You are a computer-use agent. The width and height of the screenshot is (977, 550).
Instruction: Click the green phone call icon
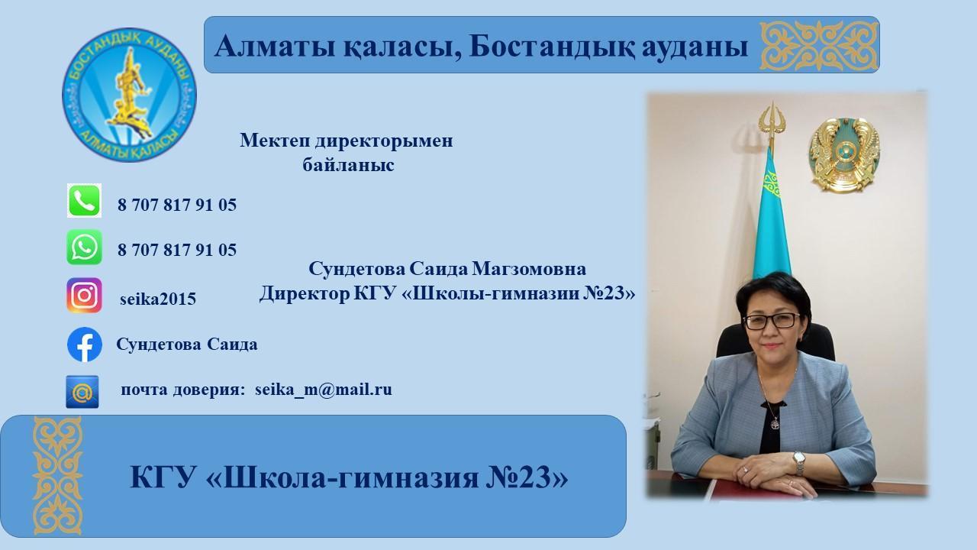(x=84, y=200)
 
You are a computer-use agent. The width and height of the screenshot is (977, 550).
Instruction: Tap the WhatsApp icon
(x=84, y=247)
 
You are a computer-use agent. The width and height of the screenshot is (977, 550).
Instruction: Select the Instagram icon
(x=84, y=295)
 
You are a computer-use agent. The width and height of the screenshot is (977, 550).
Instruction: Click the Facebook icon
(x=85, y=345)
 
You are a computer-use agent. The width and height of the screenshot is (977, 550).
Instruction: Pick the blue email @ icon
(x=82, y=392)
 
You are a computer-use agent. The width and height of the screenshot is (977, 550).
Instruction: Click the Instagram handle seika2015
(x=158, y=299)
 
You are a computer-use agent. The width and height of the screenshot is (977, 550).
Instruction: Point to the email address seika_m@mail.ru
(x=324, y=390)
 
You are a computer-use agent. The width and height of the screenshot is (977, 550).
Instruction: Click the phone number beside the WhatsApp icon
(x=177, y=250)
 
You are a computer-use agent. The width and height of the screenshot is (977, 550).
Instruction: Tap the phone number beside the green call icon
(x=177, y=205)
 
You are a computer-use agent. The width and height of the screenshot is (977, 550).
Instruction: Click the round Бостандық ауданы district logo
(x=129, y=95)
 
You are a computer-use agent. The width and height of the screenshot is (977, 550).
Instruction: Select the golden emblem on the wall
(x=845, y=155)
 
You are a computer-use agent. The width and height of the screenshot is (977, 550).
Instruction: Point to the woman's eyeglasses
(x=772, y=322)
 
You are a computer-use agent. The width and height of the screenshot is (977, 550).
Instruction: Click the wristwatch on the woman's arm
(x=798, y=462)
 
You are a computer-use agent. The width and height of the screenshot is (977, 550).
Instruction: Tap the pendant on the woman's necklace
(x=775, y=422)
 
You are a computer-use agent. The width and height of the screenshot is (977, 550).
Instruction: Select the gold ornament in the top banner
(x=819, y=45)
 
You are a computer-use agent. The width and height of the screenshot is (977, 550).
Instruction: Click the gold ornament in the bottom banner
(x=57, y=476)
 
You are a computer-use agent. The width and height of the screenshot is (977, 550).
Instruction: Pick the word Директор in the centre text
(x=304, y=293)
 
